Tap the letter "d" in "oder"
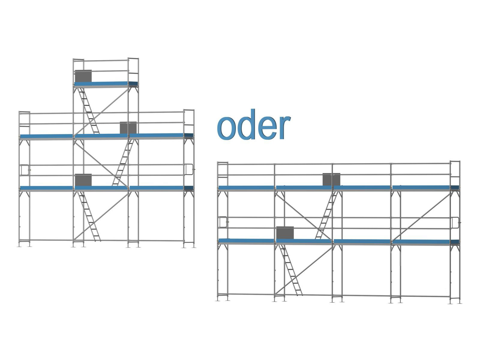245,125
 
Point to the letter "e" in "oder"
265,128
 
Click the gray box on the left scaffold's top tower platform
83,76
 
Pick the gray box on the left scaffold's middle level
128,127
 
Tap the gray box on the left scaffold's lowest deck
83,180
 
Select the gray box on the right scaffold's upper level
331,179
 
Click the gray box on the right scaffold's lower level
285,233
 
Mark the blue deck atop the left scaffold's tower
106,83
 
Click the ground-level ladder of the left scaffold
89,216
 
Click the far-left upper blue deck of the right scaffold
246,188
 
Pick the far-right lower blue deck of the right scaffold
425,241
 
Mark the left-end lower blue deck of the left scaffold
46,188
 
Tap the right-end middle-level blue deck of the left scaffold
161,136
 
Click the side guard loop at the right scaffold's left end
222,222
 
